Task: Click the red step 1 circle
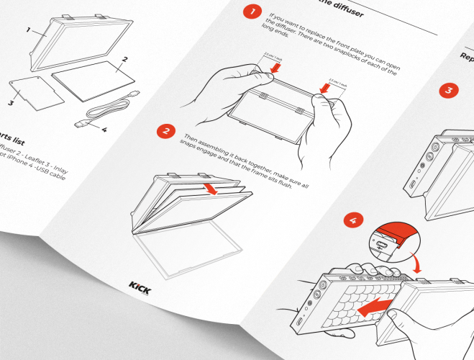(252, 12)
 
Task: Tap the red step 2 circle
(166, 131)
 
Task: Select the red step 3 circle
(448, 91)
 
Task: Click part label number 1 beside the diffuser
(27, 31)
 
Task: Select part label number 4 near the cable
(104, 130)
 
